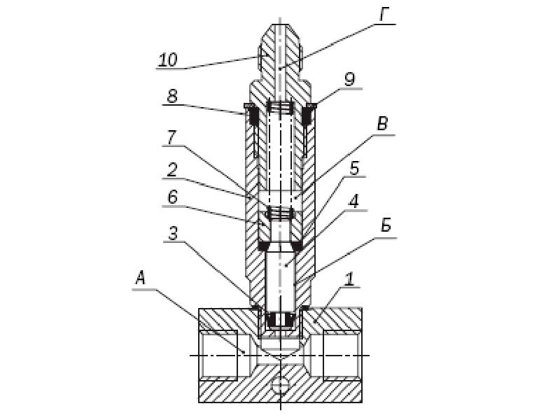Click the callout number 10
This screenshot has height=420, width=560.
coord(167,59)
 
